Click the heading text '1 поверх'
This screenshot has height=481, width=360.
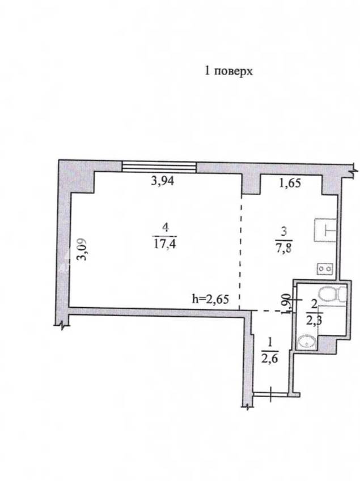[x=228, y=71]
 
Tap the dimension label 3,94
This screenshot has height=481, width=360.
[x=163, y=181]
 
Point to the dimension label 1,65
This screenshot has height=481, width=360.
[x=290, y=183]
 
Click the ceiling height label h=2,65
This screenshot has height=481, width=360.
[x=210, y=299]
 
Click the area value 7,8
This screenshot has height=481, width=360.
[x=284, y=247]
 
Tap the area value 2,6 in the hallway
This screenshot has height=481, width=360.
[x=270, y=358]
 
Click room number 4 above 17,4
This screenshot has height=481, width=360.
[x=166, y=228]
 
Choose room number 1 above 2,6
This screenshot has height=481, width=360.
[x=270, y=343]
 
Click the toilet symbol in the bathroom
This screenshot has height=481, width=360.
[x=332, y=294]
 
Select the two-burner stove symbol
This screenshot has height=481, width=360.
[x=325, y=269]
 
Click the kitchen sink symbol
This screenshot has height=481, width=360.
[x=325, y=229]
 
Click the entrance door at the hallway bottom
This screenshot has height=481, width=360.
[x=270, y=394]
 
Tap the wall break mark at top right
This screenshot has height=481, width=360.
[x=354, y=171]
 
